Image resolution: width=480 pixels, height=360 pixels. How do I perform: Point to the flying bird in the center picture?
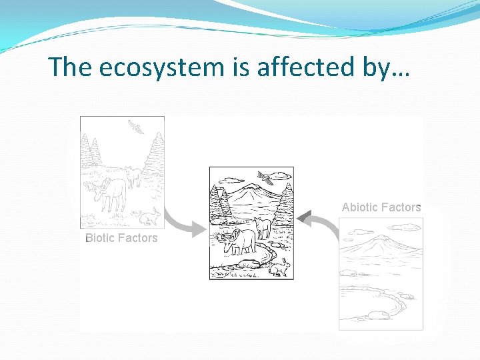click(265, 178)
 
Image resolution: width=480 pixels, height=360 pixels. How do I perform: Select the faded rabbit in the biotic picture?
click(151, 216)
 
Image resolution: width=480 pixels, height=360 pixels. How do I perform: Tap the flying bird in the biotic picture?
click(137, 127)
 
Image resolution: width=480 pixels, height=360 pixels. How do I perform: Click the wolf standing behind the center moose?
click(263, 227)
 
